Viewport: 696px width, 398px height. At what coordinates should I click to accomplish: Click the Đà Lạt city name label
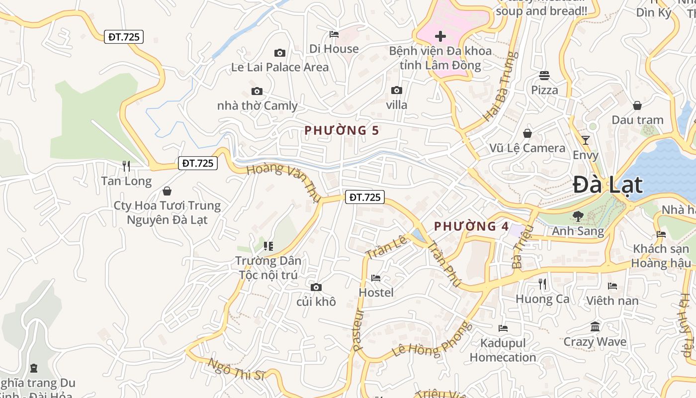[608, 185]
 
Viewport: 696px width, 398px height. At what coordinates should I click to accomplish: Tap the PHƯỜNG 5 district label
[342, 130]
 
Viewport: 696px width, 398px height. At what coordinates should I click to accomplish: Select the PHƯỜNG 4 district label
[471, 226]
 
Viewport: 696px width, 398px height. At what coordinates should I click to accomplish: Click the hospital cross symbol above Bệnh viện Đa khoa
[440, 36]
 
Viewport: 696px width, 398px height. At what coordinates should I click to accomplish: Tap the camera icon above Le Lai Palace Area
[280, 53]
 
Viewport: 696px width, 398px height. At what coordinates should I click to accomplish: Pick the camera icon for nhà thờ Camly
[257, 91]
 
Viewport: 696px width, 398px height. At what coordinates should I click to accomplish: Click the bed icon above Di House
[334, 34]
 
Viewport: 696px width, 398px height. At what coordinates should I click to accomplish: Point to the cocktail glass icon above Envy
[586, 140]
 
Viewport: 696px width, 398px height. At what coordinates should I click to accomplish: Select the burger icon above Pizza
[544, 76]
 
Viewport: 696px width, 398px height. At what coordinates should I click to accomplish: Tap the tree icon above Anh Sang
[578, 216]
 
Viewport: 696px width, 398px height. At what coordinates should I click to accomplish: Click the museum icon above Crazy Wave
[595, 327]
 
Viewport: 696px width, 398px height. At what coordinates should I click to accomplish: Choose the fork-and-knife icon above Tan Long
[126, 166]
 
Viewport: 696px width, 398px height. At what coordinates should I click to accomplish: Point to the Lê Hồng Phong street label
[431, 339]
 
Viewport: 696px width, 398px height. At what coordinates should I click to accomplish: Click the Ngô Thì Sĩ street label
[236, 369]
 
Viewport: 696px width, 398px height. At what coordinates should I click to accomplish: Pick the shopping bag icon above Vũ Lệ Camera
[527, 133]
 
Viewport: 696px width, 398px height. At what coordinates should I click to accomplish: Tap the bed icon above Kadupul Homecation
[503, 328]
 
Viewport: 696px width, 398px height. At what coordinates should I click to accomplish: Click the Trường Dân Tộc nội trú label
[268, 268]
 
